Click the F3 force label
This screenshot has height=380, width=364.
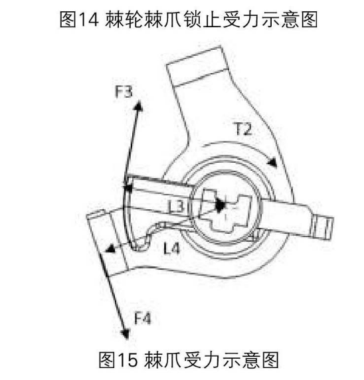pyautogui.click(x=124, y=92)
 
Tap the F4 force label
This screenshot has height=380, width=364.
pyautogui.click(x=143, y=318)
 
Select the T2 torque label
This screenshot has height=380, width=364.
pyautogui.click(x=244, y=129)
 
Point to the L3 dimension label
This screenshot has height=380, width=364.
pyautogui.click(x=176, y=207)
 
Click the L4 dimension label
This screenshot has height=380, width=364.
pyautogui.click(x=171, y=248)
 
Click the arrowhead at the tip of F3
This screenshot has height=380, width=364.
pyautogui.click(x=139, y=106)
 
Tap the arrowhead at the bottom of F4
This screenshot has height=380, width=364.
pyautogui.click(x=126, y=334)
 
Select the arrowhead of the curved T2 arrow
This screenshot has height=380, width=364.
pyautogui.click(x=272, y=162)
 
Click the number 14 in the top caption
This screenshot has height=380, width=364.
pyautogui.click(x=89, y=19)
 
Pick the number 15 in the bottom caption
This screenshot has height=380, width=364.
pyautogui.click(x=128, y=360)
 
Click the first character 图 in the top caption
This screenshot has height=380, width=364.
pyautogui.click(x=68, y=19)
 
